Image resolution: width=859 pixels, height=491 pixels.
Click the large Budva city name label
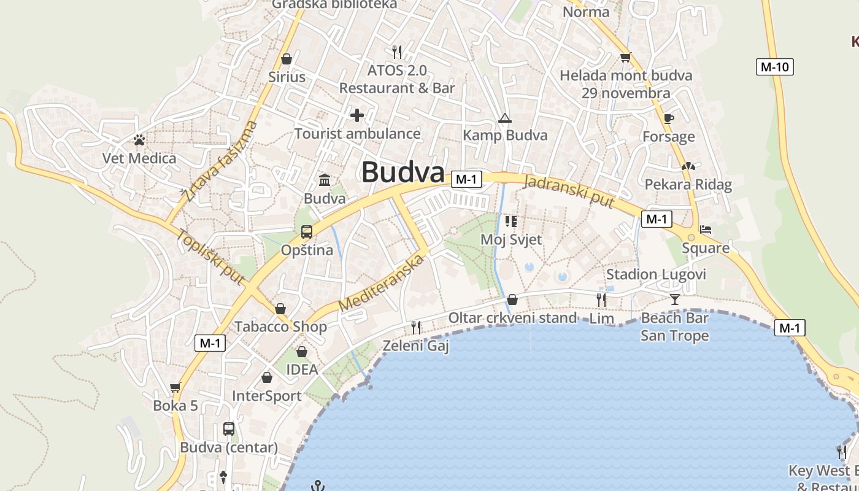[403, 172]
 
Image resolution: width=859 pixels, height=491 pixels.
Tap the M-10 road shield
[774, 67]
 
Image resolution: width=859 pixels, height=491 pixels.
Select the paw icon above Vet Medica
[139, 140]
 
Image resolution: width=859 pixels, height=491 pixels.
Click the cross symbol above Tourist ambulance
[356, 115]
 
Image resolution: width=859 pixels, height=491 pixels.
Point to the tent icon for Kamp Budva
[505, 118]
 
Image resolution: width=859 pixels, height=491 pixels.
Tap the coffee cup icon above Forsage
[669, 118]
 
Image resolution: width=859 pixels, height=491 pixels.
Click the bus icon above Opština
[307, 232]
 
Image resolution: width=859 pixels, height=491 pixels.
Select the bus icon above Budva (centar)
[229, 429]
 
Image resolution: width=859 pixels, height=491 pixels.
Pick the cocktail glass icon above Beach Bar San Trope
[675, 300]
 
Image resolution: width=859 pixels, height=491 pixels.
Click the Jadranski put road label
[569, 190]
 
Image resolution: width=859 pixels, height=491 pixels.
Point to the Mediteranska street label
[381, 283]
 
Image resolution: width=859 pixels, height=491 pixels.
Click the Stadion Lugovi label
[656, 274]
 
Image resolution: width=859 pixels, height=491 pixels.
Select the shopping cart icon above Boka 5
[175, 387]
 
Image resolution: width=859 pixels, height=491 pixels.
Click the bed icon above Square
[706, 230]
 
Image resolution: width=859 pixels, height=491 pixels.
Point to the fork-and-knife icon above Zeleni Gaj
[416, 327]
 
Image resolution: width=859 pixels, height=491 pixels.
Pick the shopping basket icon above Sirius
[287, 59]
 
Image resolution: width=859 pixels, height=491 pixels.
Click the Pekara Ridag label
[688, 185]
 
